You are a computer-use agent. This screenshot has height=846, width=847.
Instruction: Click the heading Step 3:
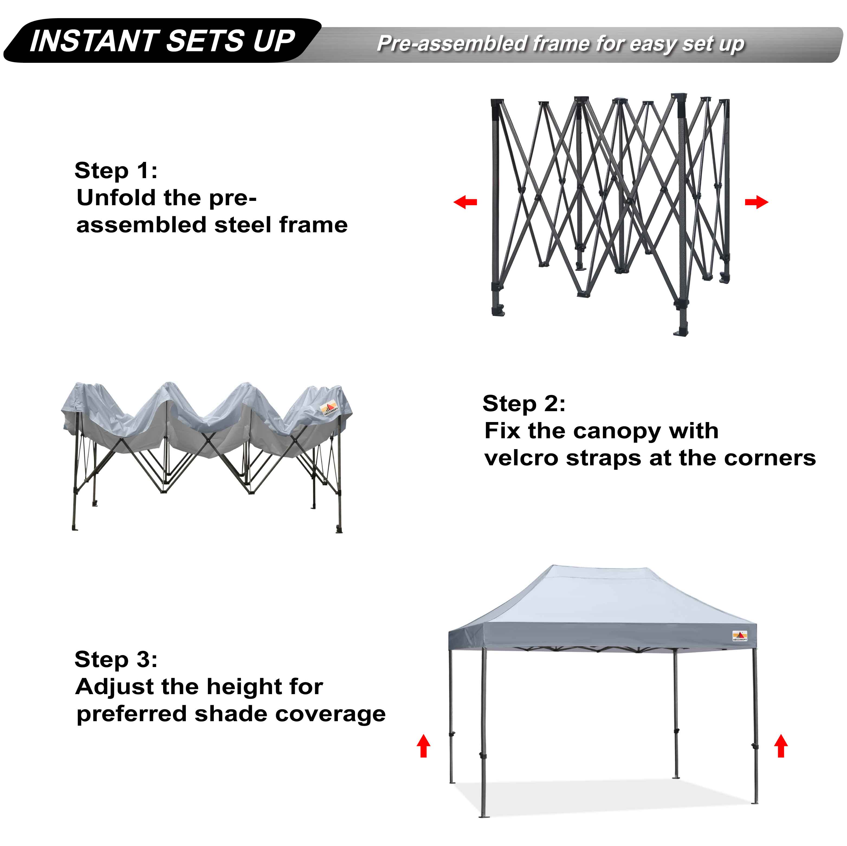[116, 659]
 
